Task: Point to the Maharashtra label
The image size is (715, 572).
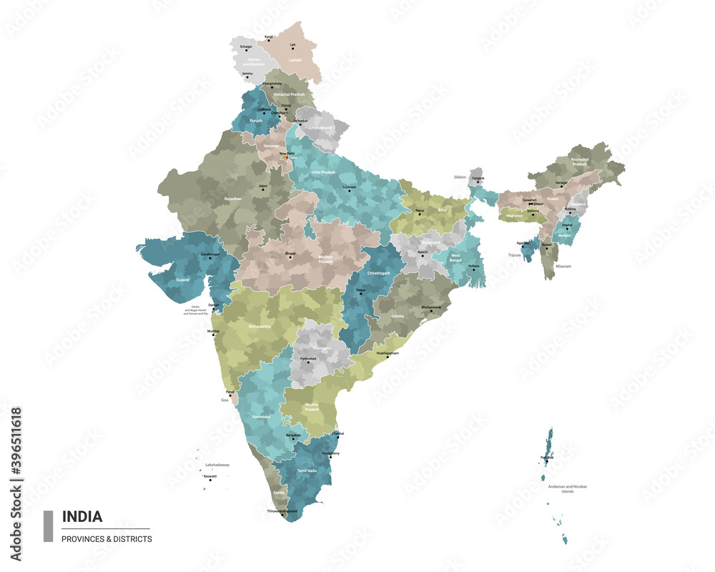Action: click(x=260, y=327)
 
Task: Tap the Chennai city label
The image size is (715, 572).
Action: click(x=339, y=433)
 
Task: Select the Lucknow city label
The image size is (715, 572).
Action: click(x=350, y=187)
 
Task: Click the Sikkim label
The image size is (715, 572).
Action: click(x=460, y=177)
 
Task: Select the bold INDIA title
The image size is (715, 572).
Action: click(x=82, y=516)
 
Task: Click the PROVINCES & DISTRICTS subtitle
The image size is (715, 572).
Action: click(x=107, y=539)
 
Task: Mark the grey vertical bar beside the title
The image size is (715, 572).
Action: click(x=49, y=526)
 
